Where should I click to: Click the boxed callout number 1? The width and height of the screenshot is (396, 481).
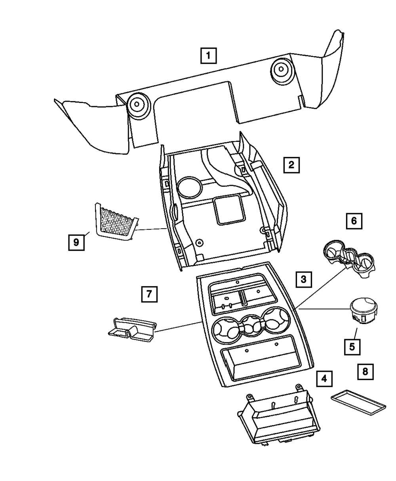208,56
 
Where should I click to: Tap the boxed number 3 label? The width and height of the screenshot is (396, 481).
303,279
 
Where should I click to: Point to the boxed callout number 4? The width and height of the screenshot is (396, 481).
324,379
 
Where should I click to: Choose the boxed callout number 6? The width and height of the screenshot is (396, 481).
354,221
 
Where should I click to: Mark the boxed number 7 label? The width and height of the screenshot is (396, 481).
149,294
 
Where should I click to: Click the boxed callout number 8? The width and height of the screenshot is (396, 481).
365,371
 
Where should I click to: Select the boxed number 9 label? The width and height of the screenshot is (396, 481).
76,241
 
